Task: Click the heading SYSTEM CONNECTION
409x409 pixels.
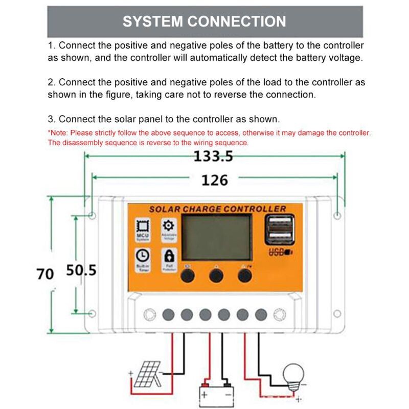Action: [x=204, y=21]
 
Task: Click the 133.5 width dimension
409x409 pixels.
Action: [x=213, y=156]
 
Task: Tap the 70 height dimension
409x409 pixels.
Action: [x=45, y=274]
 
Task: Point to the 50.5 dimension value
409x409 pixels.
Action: [x=81, y=270]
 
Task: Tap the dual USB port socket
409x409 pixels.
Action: [x=277, y=231]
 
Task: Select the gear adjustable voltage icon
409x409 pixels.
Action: [x=168, y=229]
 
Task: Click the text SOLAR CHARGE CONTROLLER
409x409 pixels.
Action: [x=217, y=209]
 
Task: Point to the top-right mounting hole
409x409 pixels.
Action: [x=337, y=215]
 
